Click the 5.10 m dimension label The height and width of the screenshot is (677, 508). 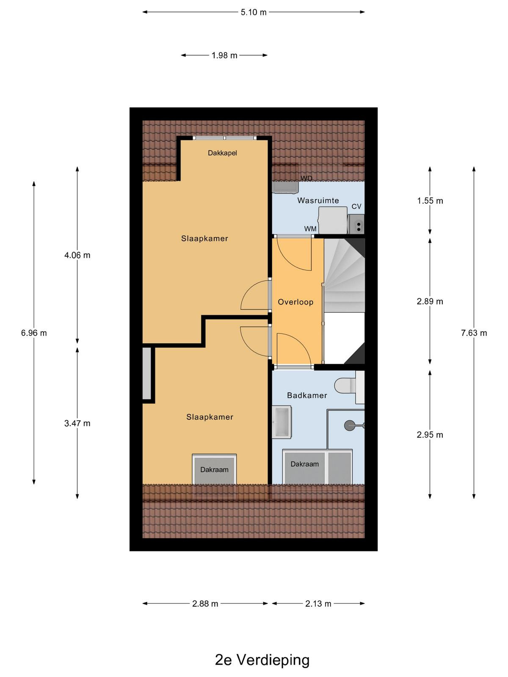(253, 12)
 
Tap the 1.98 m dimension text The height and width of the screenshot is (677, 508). (224, 55)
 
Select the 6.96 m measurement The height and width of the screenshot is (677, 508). (34, 333)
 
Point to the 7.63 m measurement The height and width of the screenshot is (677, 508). (474, 333)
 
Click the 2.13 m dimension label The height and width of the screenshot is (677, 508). (318, 604)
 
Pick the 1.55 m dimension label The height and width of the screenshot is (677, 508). (430, 201)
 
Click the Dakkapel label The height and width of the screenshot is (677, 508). (222, 153)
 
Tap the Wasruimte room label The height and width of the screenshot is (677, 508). (318, 201)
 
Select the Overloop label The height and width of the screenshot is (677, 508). (295, 302)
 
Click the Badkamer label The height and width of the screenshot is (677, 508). (307, 395)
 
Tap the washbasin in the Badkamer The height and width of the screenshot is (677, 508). (282, 421)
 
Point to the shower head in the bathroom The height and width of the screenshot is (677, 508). (350, 425)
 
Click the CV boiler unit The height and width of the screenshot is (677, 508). (356, 224)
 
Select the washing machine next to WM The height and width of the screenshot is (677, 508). (333, 220)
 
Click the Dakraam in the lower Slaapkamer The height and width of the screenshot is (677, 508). (214, 470)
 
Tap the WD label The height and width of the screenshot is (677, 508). (306, 178)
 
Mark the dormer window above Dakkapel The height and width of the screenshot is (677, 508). (225, 138)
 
